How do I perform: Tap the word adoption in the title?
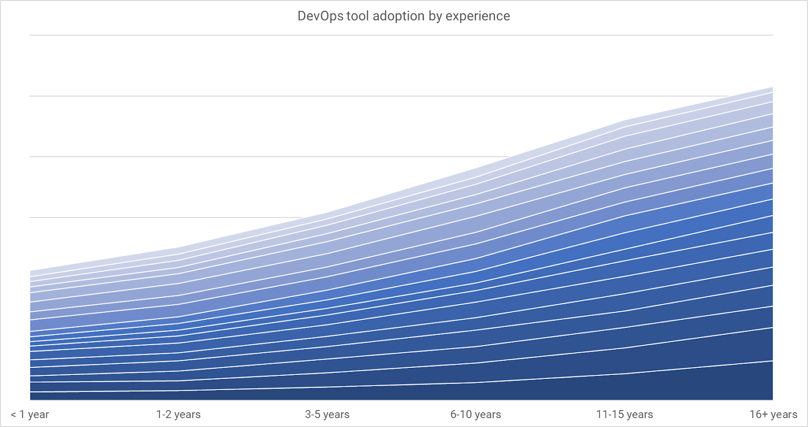tap(398, 16)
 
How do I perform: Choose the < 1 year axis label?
tap(30, 415)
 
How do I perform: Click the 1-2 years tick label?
tap(178, 415)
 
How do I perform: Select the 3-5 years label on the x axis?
tap(327, 415)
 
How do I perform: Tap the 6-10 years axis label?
tap(476, 415)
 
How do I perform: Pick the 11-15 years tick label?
tap(624, 415)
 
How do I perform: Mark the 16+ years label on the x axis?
tap(773, 415)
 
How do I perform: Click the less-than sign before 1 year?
tap(13, 415)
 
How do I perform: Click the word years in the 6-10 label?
tap(488, 415)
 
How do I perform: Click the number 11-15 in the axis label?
tap(610, 415)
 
